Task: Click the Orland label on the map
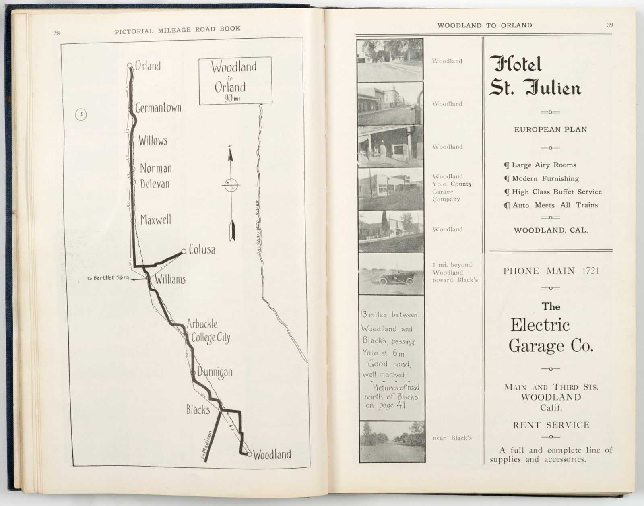pyautogui.click(x=147, y=66)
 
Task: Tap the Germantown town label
pyautogui.click(x=158, y=108)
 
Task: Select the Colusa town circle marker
pyautogui.click(x=184, y=251)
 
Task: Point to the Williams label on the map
pyautogui.click(x=170, y=279)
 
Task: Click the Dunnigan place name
pyautogui.click(x=215, y=372)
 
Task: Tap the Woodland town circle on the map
pyautogui.click(x=250, y=454)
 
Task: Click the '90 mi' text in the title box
pyautogui.click(x=232, y=98)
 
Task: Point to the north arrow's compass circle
pyautogui.click(x=231, y=185)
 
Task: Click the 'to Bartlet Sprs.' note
pyautogui.click(x=108, y=278)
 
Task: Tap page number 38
pyautogui.click(x=57, y=33)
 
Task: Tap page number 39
pyautogui.click(x=610, y=25)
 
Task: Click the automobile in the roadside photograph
pyautogui.click(x=396, y=279)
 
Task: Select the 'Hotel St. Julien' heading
pyautogui.click(x=535, y=76)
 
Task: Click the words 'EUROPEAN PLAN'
pyautogui.click(x=550, y=130)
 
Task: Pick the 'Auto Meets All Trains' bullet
pyautogui.click(x=551, y=205)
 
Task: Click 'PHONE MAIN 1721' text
pyautogui.click(x=551, y=271)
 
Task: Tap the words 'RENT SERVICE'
pyautogui.click(x=551, y=425)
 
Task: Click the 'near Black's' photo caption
pyautogui.click(x=452, y=438)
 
